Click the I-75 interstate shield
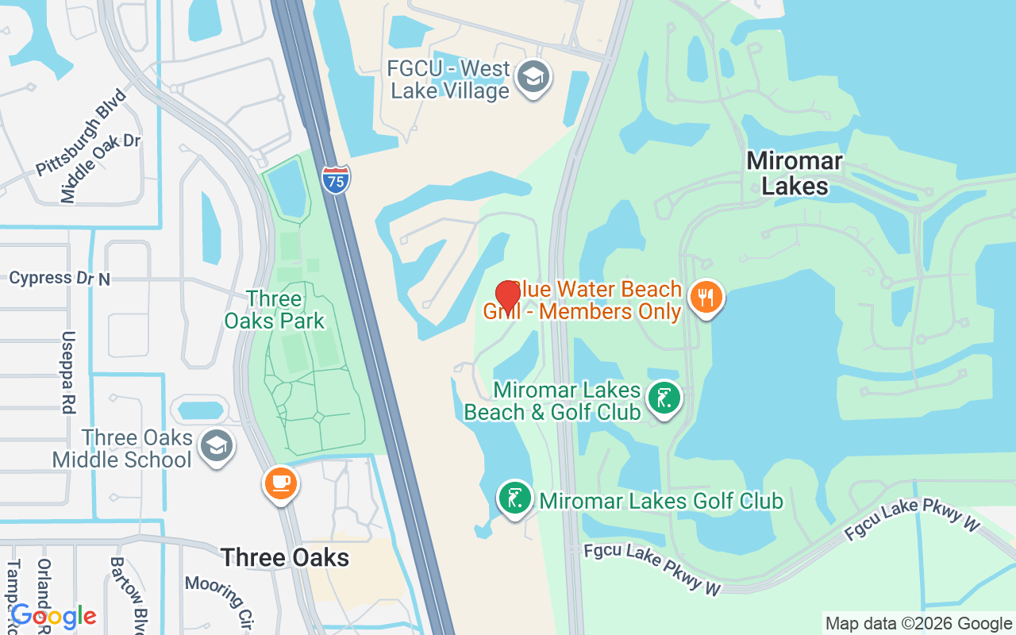[337, 179]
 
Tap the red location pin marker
[507, 296]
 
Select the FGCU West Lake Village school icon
[533, 78]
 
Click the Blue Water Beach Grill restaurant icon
[705, 298]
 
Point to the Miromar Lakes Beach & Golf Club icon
[664, 398]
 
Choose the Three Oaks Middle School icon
[216, 446]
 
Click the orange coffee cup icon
[280, 483]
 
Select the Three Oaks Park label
[274, 310]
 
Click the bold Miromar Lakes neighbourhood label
[795, 173]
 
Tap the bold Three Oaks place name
[285, 557]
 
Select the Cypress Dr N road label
[60, 279]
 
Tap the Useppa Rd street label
[68, 371]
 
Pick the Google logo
[53, 615]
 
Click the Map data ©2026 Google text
[918, 624]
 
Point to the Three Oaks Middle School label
[123, 448]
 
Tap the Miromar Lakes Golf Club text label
[661, 501]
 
